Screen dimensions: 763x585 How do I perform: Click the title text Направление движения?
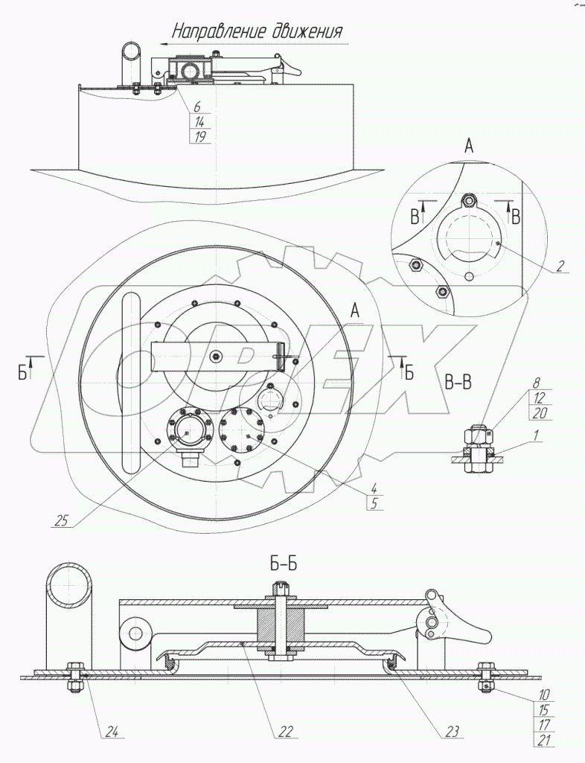pyautogui.click(x=258, y=31)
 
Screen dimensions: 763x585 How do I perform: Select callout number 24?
pyautogui.click(x=112, y=732)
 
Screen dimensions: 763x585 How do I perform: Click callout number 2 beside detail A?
pyautogui.click(x=560, y=265)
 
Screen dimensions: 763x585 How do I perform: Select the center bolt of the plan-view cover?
pyautogui.click(x=216, y=355)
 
